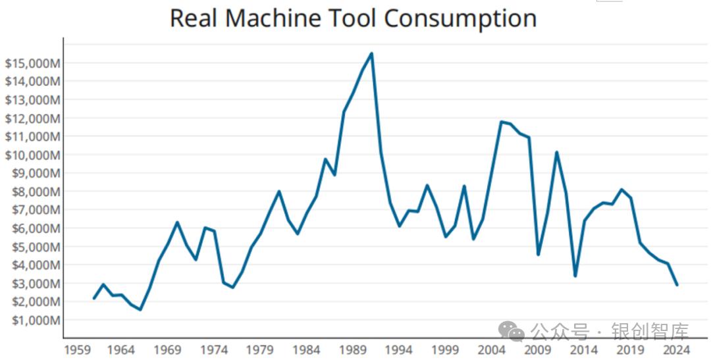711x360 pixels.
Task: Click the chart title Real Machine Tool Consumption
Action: [x=353, y=18]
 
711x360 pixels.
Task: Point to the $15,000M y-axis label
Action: [x=32, y=63]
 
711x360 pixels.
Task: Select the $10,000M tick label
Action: [x=32, y=155]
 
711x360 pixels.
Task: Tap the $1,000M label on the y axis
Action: [x=34, y=320]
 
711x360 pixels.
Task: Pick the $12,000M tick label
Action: [x=32, y=118]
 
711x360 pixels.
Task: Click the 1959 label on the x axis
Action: [x=76, y=349]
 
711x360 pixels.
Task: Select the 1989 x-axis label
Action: [x=354, y=349]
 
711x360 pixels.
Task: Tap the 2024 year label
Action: [x=677, y=349]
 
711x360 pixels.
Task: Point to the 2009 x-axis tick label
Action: [x=539, y=349]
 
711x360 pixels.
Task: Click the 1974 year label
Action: [x=215, y=349]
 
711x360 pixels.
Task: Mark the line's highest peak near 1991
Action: [x=372, y=53]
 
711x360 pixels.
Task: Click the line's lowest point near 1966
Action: [x=140, y=309]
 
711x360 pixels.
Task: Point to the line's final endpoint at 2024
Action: [x=677, y=284]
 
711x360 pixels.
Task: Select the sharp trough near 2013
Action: [x=575, y=276]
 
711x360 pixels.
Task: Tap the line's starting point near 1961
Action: [x=94, y=298]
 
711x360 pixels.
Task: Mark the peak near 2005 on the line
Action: [x=501, y=122]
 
